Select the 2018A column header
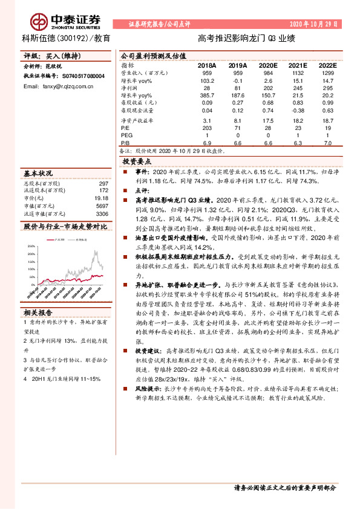click(206, 65)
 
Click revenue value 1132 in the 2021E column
click(295, 72)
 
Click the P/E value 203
click(207, 128)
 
